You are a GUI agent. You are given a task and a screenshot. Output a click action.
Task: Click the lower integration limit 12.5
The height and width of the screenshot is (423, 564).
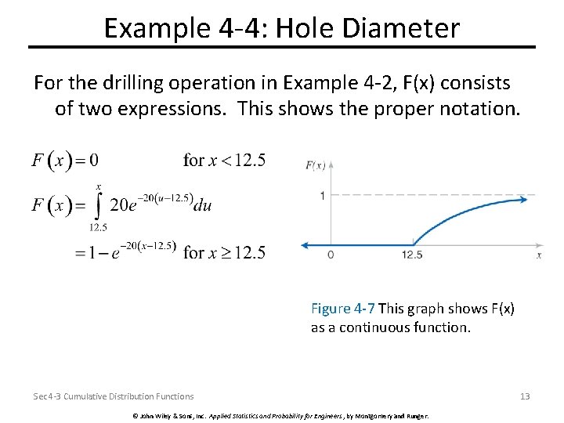point(98,227)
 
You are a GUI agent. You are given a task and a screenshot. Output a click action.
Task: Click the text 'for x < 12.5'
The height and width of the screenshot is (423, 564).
point(224,161)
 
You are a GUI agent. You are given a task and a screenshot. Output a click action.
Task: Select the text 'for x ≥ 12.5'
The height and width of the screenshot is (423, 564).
point(224,252)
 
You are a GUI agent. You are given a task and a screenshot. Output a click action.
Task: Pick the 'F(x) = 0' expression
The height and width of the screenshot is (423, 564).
point(65,161)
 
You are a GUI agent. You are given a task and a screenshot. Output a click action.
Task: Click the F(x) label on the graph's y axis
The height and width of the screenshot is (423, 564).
point(316,165)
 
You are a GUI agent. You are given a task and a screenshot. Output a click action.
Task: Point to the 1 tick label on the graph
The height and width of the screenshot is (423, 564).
point(322,195)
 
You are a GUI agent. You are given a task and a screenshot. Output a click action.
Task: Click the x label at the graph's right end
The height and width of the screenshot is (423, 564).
point(539,255)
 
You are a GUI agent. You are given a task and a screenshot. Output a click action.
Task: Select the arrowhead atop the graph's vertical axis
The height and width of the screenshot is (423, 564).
point(331,165)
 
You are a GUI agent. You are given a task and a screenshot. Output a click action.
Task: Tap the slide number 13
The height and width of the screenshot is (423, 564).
point(525,396)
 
